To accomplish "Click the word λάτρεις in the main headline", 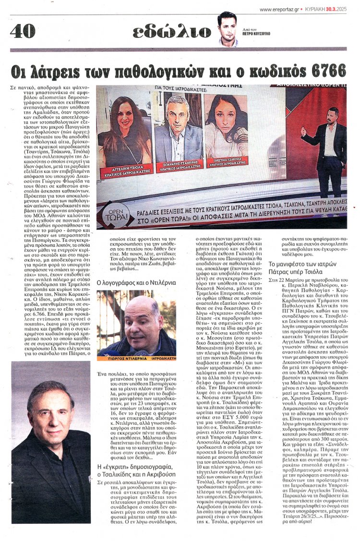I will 60,72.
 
